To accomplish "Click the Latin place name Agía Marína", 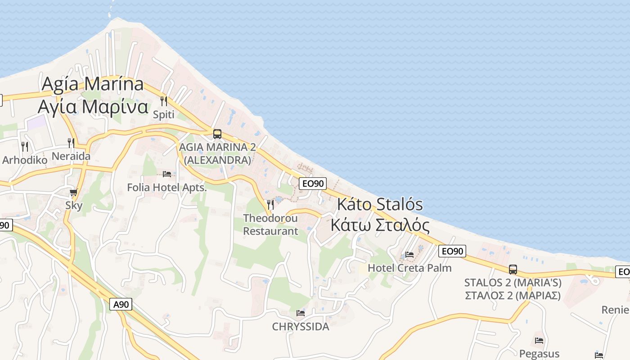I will [x=93, y=84].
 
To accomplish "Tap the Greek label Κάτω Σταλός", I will [x=380, y=225].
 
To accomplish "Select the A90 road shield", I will [x=121, y=305].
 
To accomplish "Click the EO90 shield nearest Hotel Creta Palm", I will [x=452, y=251].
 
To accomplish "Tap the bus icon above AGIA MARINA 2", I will [x=217, y=134].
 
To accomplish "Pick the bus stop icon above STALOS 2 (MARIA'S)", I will [x=513, y=270].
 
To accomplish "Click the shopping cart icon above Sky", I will [x=74, y=193].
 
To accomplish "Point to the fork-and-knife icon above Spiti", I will [x=164, y=101].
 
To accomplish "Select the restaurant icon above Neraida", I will [x=71, y=143].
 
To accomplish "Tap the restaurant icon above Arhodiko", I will [x=25, y=147].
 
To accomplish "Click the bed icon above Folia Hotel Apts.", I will [x=167, y=174].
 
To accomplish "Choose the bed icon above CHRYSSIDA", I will [x=301, y=313].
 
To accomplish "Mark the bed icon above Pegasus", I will [x=539, y=341].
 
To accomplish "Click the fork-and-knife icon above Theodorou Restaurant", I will [x=270, y=205].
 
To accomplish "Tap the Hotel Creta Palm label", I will [x=409, y=268].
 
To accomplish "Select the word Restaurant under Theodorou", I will [x=270, y=231].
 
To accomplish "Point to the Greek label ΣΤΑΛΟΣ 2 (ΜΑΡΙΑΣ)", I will [x=512, y=296].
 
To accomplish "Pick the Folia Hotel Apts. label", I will [x=167, y=187].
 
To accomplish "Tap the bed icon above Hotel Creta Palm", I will [x=409, y=255].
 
